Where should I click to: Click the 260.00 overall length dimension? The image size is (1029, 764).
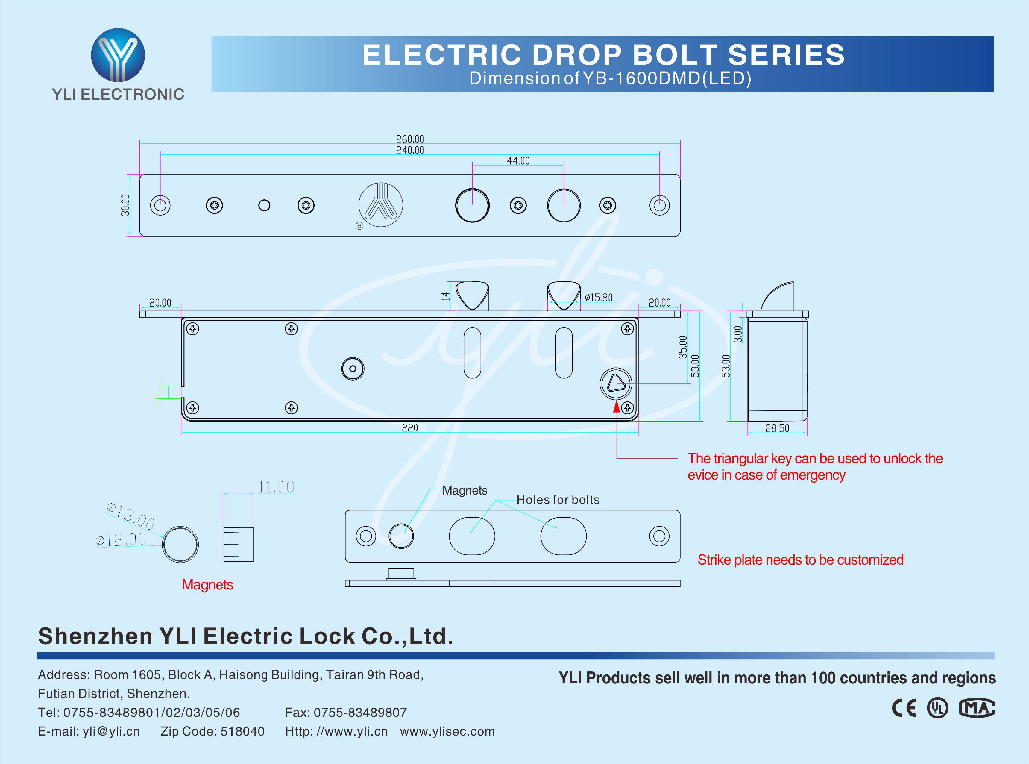[409, 139]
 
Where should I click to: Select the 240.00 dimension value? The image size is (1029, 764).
[409, 150]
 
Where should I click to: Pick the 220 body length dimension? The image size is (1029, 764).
[409, 428]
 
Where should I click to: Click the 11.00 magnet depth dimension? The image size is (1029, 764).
[276, 487]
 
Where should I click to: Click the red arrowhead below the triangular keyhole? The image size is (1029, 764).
[616, 407]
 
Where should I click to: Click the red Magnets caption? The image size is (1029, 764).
[207, 585]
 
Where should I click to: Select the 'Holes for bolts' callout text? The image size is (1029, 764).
[558, 500]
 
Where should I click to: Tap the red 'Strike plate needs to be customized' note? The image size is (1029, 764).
[800, 560]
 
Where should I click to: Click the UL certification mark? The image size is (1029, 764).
[937, 708]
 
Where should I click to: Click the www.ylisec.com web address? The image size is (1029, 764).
[447, 731]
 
